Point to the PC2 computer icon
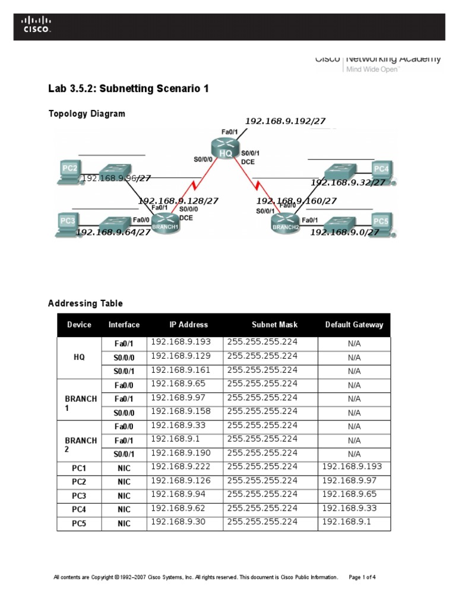click(x=70, y=169)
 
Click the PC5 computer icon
click(x=381, y=222)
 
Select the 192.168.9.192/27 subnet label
click(x=285, y=121)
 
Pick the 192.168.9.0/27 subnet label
click(x=344, y=232)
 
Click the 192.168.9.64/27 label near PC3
click(x=113, y=232)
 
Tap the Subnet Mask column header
click(x=274, y=325)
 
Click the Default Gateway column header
click(x=354, y=325)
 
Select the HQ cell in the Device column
click(x=79, y=357)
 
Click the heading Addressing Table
click(x=85, y=303)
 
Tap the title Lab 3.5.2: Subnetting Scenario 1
click(x=128, y=89)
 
